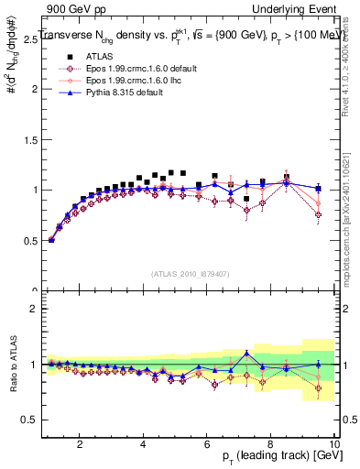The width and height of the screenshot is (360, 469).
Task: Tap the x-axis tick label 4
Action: click(143, 444)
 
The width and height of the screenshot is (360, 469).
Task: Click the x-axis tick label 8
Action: click(270, 444)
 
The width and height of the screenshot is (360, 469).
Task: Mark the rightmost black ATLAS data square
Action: click(318, 189)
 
